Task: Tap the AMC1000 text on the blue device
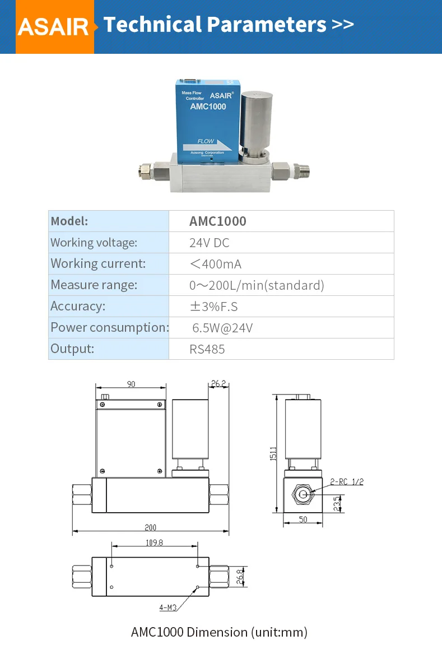pyautogui.click(x=208, y=106)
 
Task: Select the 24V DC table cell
pyautogui.click(x=210, y=243)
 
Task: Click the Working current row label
pyautogui.click(x=98, y=263)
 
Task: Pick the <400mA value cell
pyautogui.click(x=216, y=264)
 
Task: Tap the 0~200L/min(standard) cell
pyautogui.click(x=257, y=285)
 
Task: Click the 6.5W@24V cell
pyautogui.click(x=222, y=328)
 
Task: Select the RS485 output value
pyautogui.click(x=207, y=349)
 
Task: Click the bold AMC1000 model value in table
pyautogui.click(x=218, y=221)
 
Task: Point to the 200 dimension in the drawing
pyautogui.click(x=151, y=527)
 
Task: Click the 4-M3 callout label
pyautogui.click(x=168, y=607)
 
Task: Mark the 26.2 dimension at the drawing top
pyautogui.click(x=218, y=384)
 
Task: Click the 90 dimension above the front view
pyautogui.click(x=131, y=384)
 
